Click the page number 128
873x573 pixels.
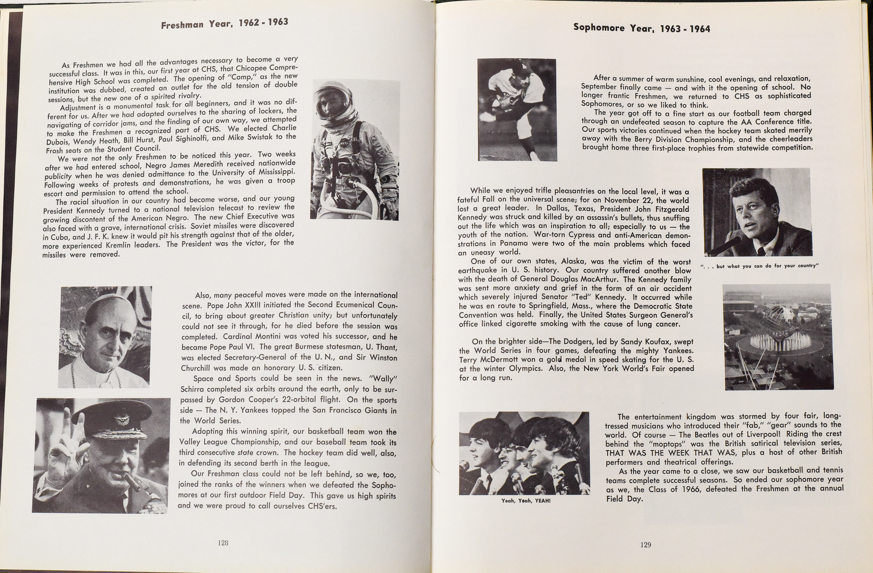click(x=223, y=543)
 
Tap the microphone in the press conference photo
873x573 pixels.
click(x=724, y=247)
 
